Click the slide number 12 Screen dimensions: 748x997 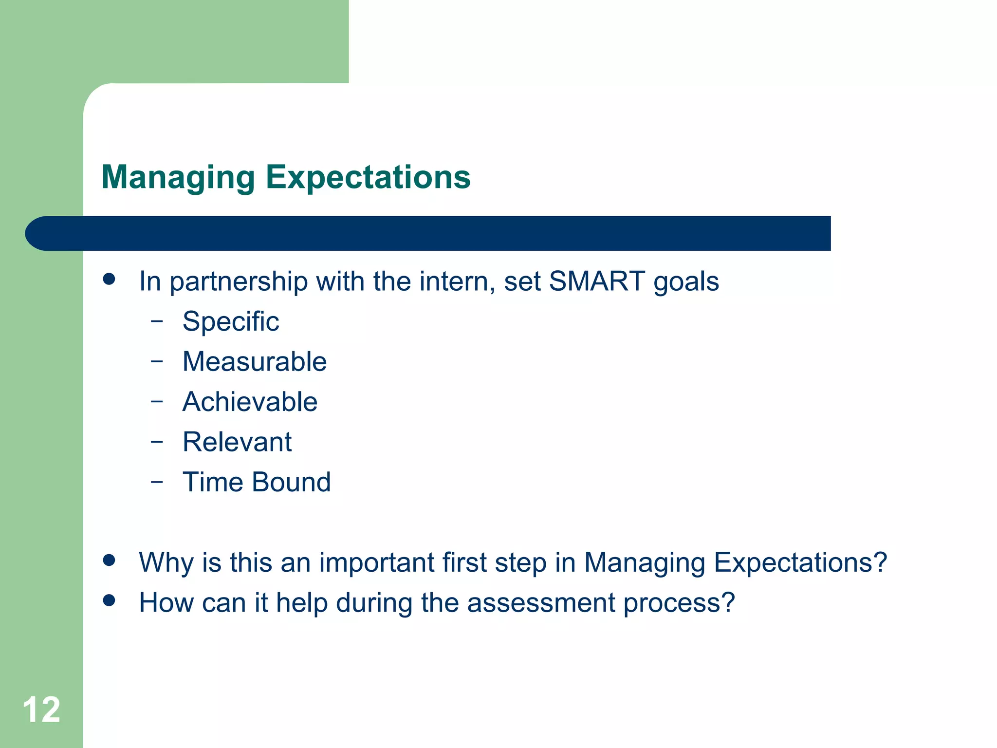(41, 710)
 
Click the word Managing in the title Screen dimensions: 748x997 (178, 178)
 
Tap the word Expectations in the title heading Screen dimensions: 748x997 (368, 178)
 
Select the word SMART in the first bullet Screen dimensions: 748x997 (597, 281)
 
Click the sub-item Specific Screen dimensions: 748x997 (231, 322)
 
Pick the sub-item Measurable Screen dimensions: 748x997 (255, 362)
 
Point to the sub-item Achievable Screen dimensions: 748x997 (250, 402)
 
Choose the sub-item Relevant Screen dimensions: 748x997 (237, 442)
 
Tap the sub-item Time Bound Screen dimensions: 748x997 (257, 483)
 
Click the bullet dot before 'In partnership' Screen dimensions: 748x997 (109, 279)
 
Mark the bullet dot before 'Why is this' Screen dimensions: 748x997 (109, 560)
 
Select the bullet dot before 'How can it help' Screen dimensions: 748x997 (109, 600)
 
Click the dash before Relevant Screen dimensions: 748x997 (156, 442)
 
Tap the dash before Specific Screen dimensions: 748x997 (156, 321)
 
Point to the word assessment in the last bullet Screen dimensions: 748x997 (541, 603)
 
